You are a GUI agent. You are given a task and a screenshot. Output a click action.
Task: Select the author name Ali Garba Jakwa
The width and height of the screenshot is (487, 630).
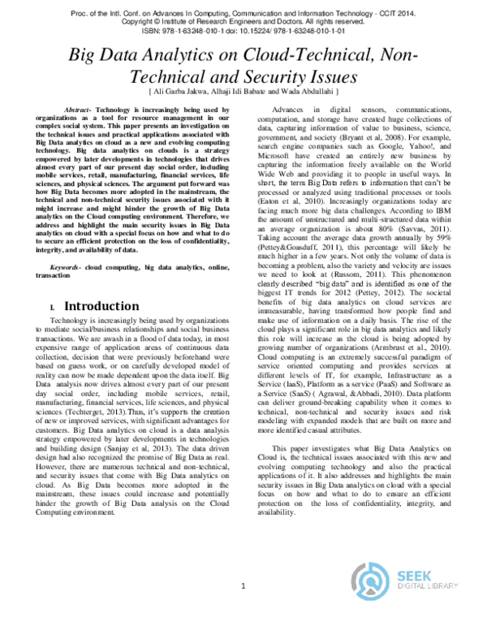(x=178, y=93)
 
